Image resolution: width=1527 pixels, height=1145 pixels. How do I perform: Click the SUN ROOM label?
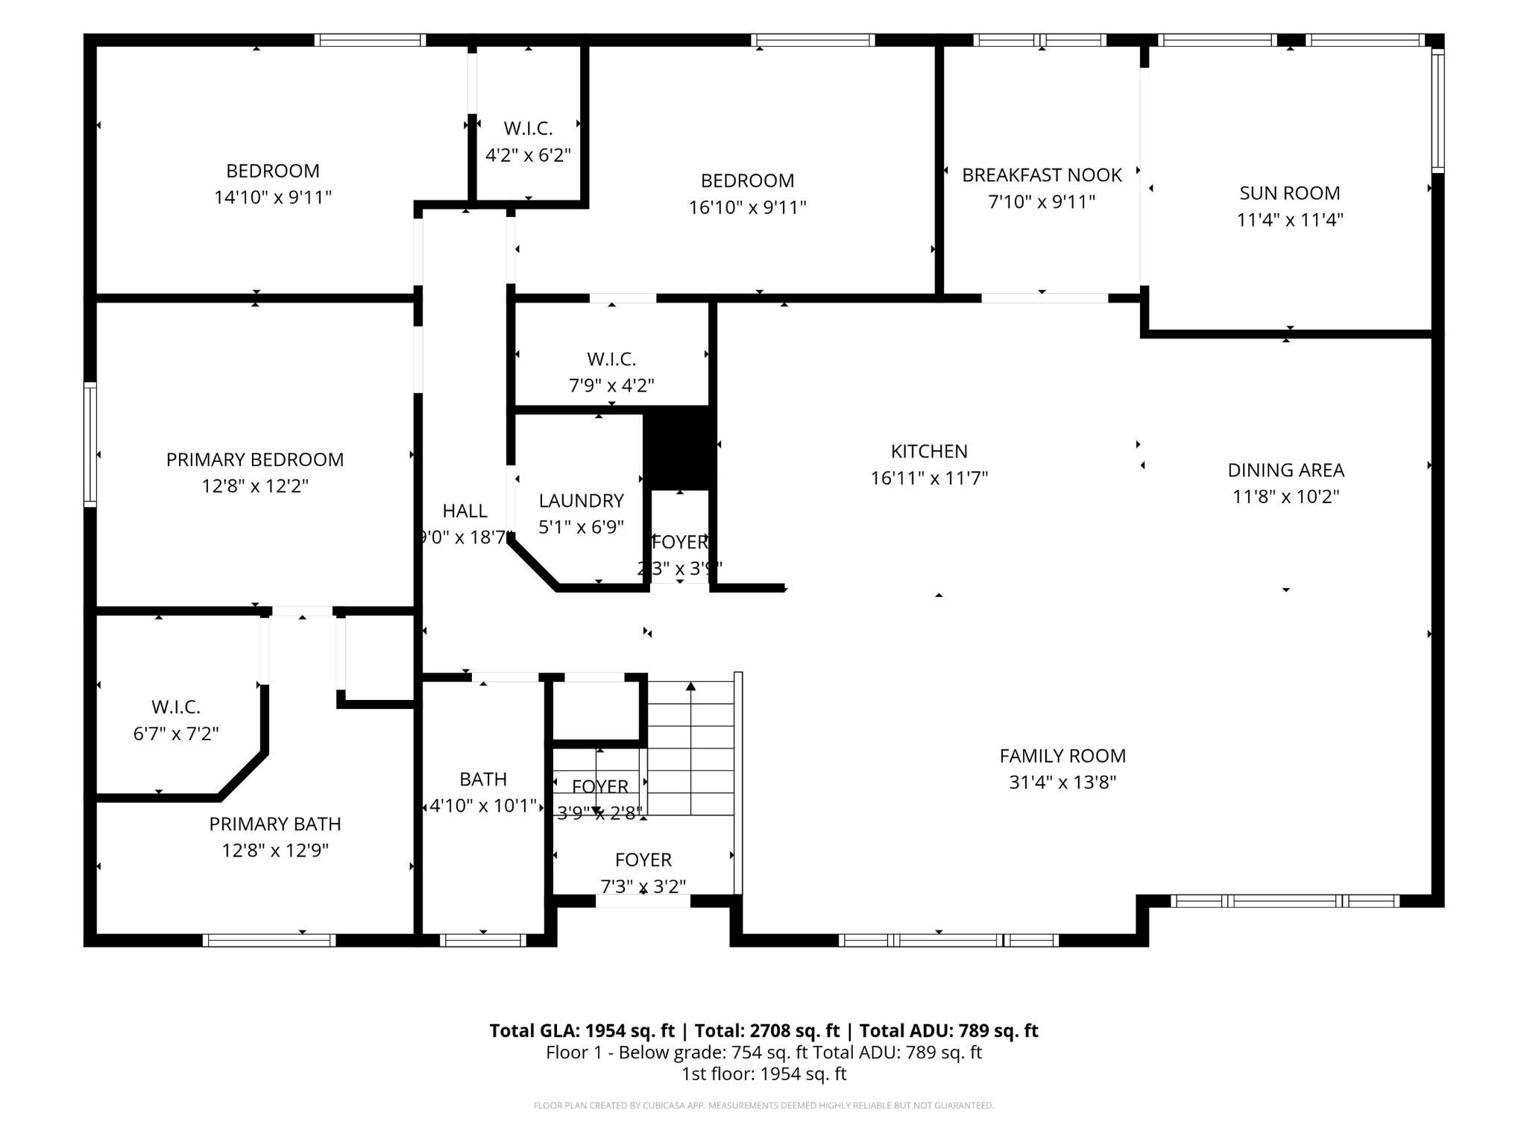[1289, 193]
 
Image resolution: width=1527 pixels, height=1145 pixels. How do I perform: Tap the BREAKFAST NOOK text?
[1042, 175]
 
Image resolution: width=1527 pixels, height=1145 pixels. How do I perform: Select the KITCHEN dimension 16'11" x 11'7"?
[929, 478]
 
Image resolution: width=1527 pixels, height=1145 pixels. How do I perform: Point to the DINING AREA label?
[1285, 470]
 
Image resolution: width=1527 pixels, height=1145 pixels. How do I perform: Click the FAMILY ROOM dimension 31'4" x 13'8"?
[1062, 782]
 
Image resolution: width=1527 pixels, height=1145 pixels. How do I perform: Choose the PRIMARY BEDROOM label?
[254, 459]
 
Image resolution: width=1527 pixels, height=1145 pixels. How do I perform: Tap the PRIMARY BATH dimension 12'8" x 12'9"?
[274, 850]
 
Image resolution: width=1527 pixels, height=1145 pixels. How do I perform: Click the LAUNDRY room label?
[581, 500]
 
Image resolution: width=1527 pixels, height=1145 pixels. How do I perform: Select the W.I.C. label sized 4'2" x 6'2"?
[528, 128]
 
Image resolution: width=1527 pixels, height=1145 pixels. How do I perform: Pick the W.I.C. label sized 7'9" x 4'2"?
[611, 359]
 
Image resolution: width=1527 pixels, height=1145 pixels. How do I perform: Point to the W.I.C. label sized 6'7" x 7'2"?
[176, 707]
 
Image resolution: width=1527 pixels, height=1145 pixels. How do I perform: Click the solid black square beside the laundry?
[679, 448]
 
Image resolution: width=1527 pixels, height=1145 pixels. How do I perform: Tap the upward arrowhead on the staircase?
[691, 687]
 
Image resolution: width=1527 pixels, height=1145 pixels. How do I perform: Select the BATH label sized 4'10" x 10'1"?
[483, 779]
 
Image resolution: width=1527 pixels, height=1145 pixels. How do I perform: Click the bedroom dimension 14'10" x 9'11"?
[272, 198]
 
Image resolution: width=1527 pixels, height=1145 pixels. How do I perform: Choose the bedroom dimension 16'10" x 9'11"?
[747, 207]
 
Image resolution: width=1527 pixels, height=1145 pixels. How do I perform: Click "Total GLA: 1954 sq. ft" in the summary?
[582, 1031]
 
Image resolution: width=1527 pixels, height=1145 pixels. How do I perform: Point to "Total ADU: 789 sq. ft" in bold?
[948, 1031]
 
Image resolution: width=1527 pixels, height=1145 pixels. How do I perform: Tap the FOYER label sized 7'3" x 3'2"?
[643, 859]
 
